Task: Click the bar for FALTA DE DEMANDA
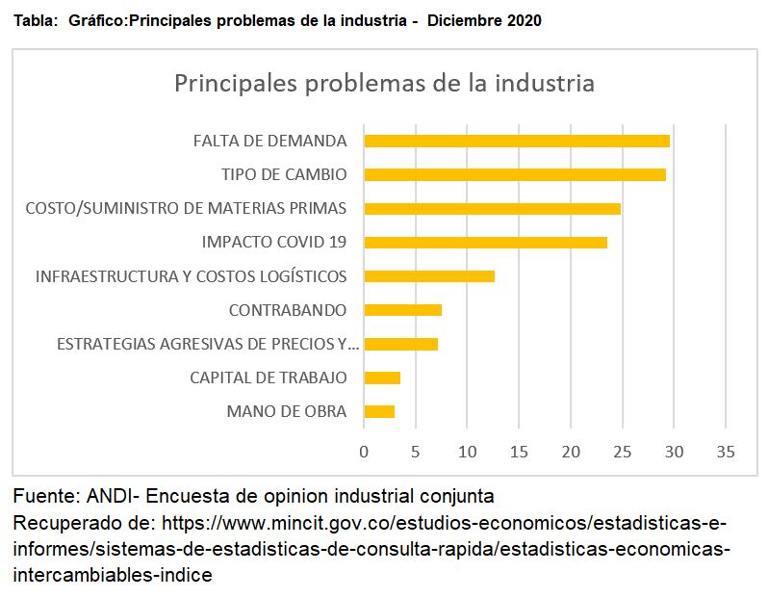pyautogui.click(x=517, y=141)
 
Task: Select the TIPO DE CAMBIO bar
pyautogui.click(x=515, y=174)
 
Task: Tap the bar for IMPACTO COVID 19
pyautogui.click(x=485, y=242)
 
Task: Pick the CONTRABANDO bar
pyautogui.click(x=402, y=310)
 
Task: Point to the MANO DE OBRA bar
pyautogui.click(x=379, y=411)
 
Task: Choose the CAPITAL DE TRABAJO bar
pyautogui.click(x=382, y=377)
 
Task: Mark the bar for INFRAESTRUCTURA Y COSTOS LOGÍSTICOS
pyautogui.click(x=429, y=276)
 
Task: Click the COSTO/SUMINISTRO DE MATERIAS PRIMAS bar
pyautogui.click(x=492, y=208)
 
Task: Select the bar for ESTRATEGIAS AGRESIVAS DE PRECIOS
pyautogui.click(x=400, y=344)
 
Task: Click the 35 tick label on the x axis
pyautogui.click(x=726, y=452)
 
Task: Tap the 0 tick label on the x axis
pyautogui.click(x=364, y=452)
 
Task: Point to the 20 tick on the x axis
pyautogui.click(x=571, y=452)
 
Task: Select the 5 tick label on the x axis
pyautogui.click(x=416, y=452)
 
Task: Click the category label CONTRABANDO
pyautogui.click(x=288, y=310)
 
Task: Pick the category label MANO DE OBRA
pyautogui.click(x=287, y=411)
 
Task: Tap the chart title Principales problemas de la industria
pyautogui.click(x=385, y=83)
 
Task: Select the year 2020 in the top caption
pyautogui.click(x=525, y=20)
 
